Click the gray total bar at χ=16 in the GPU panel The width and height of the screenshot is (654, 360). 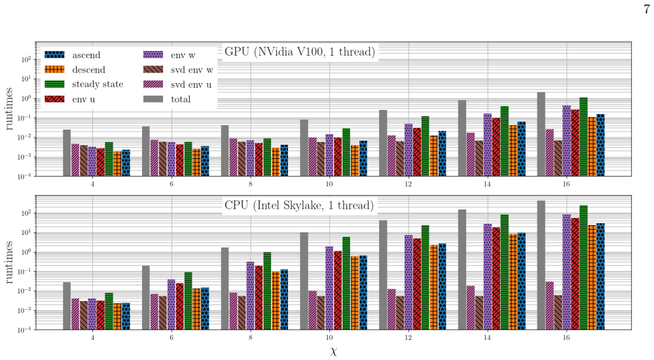pos(541,134)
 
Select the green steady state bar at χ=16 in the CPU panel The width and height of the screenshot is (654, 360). pos(583,268)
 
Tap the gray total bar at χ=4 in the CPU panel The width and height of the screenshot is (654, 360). pos(67,306)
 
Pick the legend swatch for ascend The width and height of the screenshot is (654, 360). pos(54,54)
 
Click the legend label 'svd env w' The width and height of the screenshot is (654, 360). pos(192,69)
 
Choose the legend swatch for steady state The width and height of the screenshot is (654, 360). pos(54,84)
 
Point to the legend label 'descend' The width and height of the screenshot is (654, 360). pos(88,69)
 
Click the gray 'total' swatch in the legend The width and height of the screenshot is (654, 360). pos(153,99)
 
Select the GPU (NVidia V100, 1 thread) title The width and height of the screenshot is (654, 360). pos(300,51)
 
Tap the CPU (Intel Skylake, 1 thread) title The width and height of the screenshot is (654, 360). pos(299,206)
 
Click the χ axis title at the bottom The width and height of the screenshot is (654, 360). pos(333,351)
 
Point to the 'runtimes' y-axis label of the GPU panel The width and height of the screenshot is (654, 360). pos(9,109)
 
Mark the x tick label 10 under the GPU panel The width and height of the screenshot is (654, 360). pos(329,184)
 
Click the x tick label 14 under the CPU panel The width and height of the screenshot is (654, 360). pos(487,338)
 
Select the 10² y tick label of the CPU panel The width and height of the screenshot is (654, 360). pos(26,213)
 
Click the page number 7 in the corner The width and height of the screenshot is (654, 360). pos(647,9)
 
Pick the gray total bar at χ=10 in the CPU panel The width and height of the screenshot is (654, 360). pos(304,281)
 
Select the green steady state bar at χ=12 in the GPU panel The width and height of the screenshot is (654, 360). pos(425,146)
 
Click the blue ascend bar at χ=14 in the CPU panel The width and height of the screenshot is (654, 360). pos(521,281)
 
